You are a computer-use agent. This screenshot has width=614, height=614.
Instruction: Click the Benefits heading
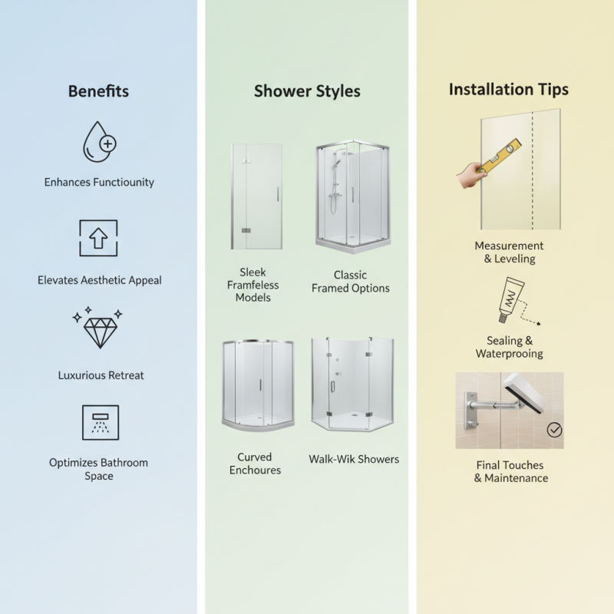(98, 91)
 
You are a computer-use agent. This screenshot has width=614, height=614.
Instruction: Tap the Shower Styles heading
(307, 91)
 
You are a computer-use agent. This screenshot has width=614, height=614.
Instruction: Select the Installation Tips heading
(509, 89)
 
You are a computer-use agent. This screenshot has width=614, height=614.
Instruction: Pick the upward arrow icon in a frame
(99, 238)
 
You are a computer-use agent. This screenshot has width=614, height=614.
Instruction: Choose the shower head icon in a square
(101, 422)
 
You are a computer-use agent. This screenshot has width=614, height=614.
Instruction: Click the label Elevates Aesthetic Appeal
(100, 280)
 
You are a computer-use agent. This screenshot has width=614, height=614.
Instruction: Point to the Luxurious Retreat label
(101, 375)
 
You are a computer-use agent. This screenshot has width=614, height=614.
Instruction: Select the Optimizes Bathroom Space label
(99, 469)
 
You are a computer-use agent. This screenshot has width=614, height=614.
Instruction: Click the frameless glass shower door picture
(257, 196)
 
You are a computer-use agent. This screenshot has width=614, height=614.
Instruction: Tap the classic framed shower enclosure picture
(353, 196)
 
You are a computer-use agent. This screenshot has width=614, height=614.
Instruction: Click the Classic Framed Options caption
(350, 282)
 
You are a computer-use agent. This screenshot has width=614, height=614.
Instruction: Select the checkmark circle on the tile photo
(554, 430)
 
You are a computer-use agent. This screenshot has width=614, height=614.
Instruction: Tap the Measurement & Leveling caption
(509, 252)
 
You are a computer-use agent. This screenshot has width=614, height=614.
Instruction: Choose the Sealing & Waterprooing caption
(509, 347)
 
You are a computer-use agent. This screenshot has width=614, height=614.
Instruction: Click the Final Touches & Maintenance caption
(510, 471)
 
